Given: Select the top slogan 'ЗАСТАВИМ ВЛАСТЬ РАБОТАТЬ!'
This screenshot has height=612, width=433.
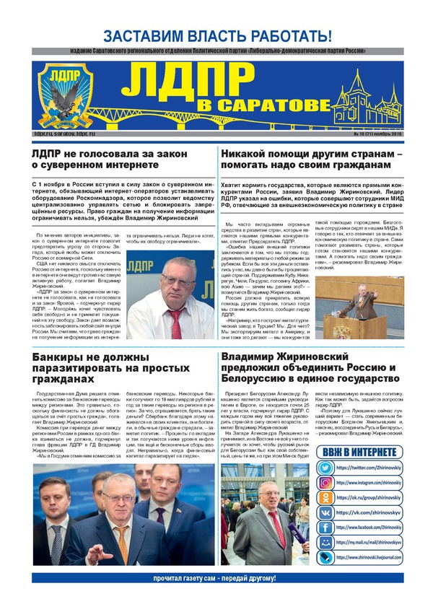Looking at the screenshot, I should [x=216, y=35].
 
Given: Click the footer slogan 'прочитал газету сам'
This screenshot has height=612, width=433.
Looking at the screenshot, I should [x=216, y=578].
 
